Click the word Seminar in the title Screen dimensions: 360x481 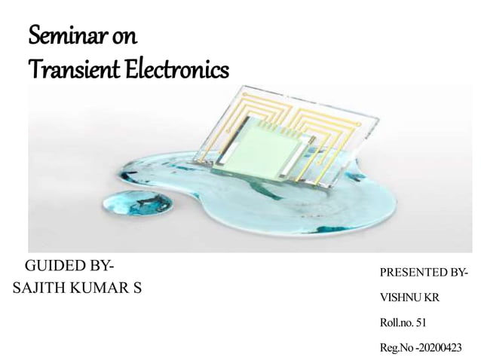point(64,36)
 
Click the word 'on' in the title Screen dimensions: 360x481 point(122,37)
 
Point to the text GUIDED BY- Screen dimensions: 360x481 point(70,266)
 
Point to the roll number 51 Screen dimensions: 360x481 point(421,323)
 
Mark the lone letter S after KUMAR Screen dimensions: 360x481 point(137,289)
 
